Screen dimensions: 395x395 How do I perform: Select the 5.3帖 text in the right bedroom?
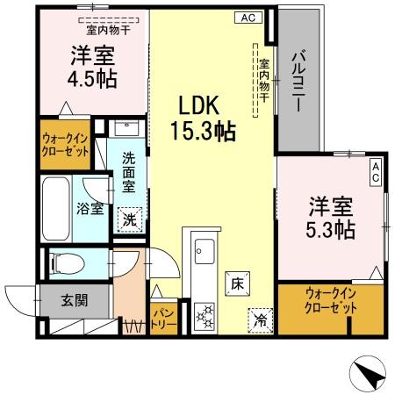pos(331,230)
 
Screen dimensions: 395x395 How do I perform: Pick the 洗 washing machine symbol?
pos(129,220)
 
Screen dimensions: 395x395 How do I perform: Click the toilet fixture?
pos(66,262)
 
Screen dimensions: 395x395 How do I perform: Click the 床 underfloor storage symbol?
pos(237,283)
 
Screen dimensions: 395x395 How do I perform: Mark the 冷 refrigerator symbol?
pos(260,319)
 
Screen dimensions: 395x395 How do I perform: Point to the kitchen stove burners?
pos(203,314)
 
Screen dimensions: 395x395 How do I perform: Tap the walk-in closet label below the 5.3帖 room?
pos(332,301)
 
